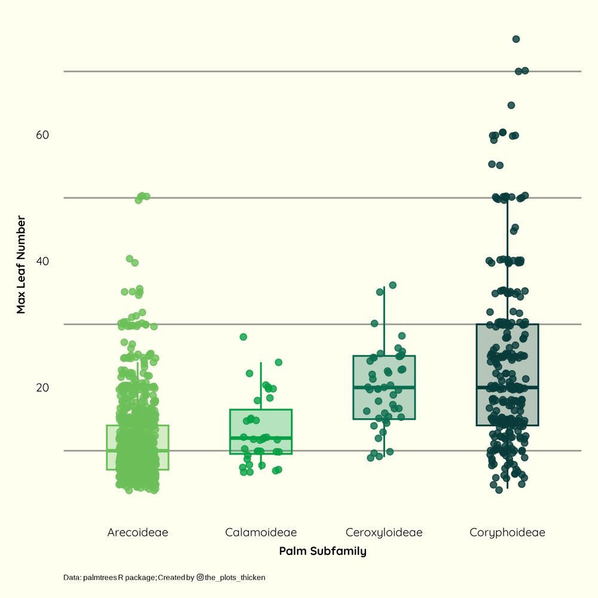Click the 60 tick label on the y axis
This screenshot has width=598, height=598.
(x=42, y=135)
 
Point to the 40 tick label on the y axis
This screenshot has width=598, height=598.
(x=42, y=261)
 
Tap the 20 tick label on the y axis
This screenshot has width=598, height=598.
(x=42, y=388)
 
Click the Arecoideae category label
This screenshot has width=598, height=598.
(x=138, y=532)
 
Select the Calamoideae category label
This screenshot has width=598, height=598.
(x=261, y=532)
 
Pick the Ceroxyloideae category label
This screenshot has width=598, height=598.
(x=384, y=532)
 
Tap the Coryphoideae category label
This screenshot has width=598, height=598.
(x=507, y=532)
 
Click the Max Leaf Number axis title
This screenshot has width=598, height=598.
(x=22, y=266)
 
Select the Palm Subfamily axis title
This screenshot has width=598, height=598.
(x=322, y=551)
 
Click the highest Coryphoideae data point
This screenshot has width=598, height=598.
(x=516, y=39)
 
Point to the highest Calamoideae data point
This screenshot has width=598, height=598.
(x=243, y=337)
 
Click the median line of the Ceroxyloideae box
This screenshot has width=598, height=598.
(x=384, y=388)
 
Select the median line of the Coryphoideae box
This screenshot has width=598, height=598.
(x=507, y=388)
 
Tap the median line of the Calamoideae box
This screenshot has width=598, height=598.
(x=261, y=438)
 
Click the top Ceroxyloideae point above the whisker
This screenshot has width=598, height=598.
(x=393, y=285)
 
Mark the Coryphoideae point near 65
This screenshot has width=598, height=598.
(x=511, y=105)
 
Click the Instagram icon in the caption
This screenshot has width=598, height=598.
(x=200, y=578)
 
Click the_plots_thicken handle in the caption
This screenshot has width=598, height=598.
(x=235, y=578)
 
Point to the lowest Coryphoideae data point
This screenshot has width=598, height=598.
(x=499, y=490)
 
